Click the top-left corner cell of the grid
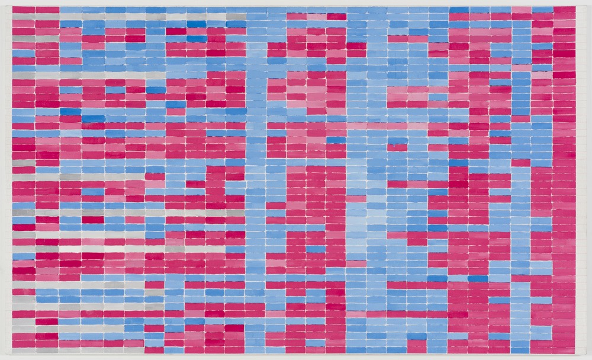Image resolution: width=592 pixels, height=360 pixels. pyautogui.click(x=24, y=10)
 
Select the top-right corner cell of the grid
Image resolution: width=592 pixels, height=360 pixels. pyautogui.click(x=564, y=10)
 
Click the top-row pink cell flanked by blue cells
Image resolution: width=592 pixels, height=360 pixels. pyautogui.click(x=522, y=10)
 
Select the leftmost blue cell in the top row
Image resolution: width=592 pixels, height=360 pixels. pyautogui.click(x=70, y=10)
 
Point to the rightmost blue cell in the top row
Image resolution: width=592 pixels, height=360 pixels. pyautogui.click(x=542, y=10)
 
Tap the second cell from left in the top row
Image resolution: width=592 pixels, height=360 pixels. pyautogui.click(x=47, y=10)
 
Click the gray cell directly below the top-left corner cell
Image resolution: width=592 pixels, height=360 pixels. pyautogui.click(x=24, y=17)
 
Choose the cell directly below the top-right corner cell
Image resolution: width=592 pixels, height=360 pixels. pyautogui.click(x=564, y=17)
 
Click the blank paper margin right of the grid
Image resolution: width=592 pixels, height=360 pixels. pyautogui.click(x=584, y=178)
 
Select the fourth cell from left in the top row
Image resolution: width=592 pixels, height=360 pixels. pyautogui.click(x=93, y=10)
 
